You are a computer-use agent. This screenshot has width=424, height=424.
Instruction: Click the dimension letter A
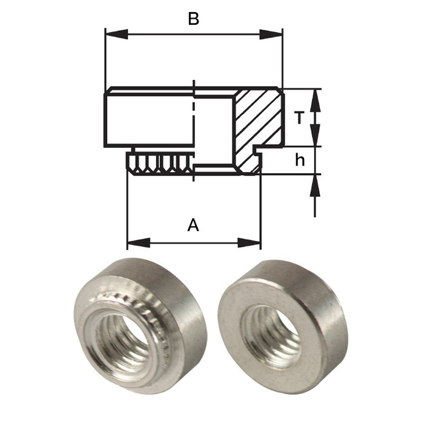193,225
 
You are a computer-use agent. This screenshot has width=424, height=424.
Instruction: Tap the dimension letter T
299,118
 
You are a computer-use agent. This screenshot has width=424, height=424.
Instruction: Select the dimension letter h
299,160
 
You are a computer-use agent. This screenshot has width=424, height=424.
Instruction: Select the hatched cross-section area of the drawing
258,119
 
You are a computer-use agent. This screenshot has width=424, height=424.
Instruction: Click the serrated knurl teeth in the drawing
159,163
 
